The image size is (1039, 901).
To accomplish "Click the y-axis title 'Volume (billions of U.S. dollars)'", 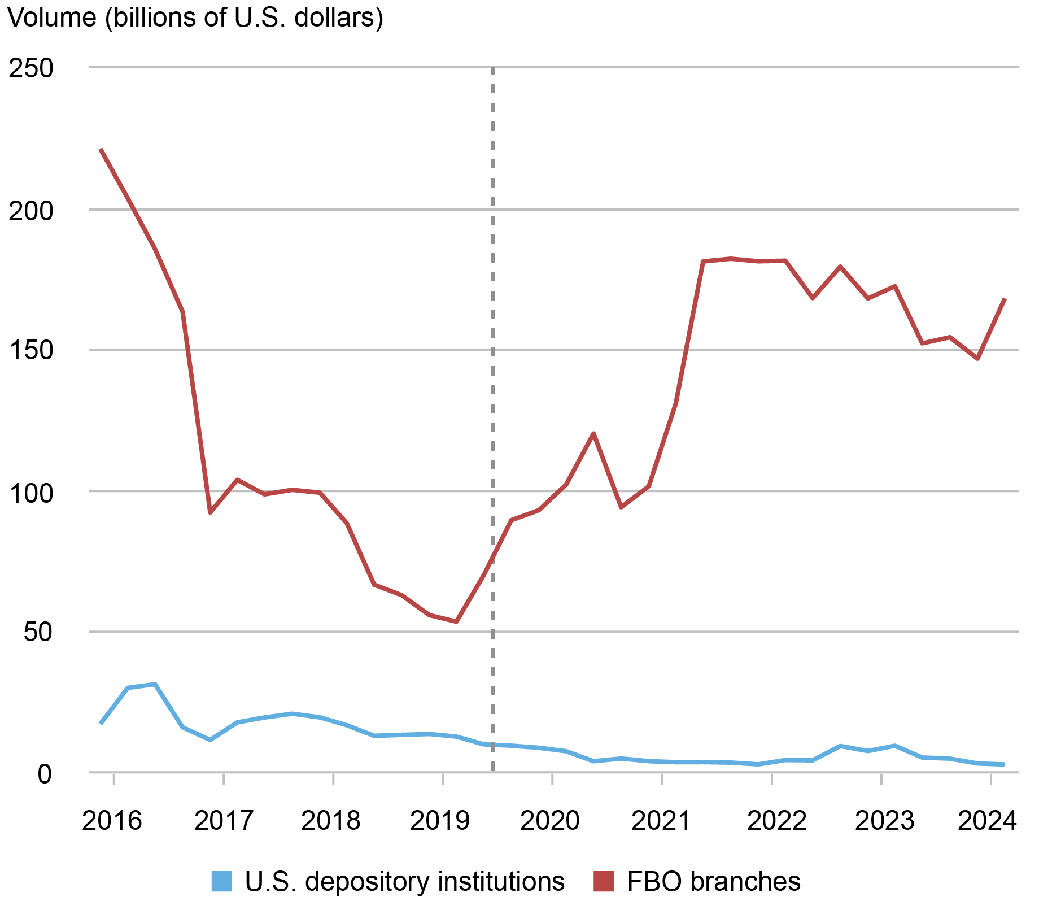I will [195, 18].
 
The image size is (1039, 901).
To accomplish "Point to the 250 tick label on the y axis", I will [30, 68].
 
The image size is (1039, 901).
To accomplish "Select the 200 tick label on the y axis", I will [30, 211].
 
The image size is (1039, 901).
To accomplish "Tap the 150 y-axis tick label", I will [30, 351].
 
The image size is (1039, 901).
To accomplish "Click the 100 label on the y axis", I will [30, 492].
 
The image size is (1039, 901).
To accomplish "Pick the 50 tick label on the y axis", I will [37, 632].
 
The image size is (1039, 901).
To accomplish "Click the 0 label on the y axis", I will [45, 773].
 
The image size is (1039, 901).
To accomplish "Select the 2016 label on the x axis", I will [112, 820].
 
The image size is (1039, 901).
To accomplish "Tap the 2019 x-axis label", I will [440, 820].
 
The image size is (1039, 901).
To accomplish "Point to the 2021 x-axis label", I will [661, 820].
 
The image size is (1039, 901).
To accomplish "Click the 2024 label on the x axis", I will [987, 820].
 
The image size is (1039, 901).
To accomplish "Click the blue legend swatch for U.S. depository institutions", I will [221, 881].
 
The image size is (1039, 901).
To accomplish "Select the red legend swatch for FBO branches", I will [604, 881].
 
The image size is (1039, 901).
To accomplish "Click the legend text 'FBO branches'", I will [714, 881].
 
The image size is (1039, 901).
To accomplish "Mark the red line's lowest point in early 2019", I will [456, 621].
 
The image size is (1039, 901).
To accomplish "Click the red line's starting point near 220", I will [101, 149].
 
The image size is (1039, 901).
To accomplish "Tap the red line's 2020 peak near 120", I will [593, 433].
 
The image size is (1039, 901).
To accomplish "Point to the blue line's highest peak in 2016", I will [155, 684].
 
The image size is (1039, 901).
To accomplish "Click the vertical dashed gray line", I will [492, 395].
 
